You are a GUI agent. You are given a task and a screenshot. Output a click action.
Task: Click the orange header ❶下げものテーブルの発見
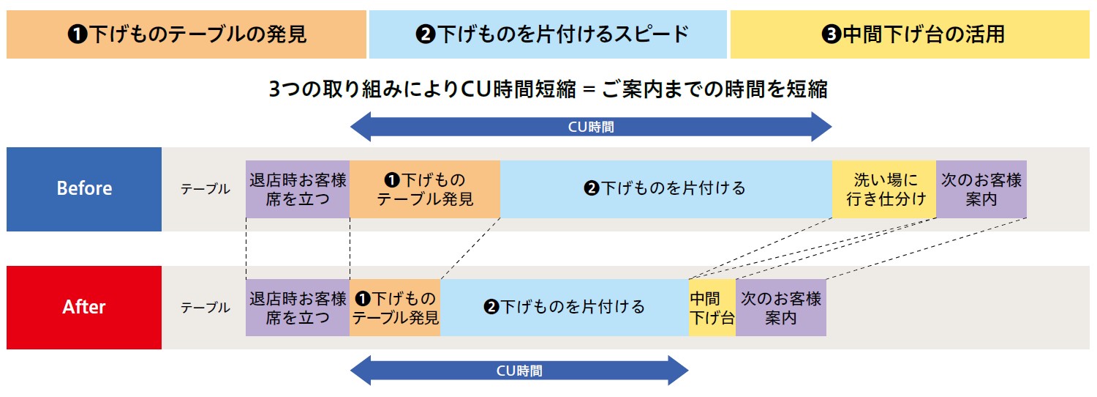186,34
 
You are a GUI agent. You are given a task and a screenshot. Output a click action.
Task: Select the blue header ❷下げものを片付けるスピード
548,34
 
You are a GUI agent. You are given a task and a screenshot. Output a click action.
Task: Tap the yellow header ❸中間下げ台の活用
910,34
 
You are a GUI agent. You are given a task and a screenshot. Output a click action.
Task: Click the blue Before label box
84,189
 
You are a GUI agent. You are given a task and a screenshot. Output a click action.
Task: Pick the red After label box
84,307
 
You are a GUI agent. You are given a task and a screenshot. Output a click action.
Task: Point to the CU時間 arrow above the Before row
591,127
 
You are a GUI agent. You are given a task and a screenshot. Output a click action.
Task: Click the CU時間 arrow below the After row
519,371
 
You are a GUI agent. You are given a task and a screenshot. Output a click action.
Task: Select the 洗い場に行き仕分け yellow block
884,189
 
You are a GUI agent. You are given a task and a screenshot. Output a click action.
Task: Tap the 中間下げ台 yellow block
712,308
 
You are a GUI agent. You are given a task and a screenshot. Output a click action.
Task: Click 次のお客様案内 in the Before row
981,189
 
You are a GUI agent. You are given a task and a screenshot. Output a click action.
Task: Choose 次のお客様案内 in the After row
781,308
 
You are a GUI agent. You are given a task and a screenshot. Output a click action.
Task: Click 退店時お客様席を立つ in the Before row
298,189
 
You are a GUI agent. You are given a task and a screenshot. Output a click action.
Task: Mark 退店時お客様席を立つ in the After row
298,308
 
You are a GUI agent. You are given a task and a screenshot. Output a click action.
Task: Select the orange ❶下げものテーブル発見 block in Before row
425,189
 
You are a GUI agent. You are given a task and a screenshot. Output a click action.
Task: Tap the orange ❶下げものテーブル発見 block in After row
395,308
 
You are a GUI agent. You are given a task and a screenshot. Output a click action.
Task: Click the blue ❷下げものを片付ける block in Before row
666,189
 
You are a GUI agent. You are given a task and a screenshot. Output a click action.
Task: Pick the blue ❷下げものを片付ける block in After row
564,308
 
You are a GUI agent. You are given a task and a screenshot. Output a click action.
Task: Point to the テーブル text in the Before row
206,189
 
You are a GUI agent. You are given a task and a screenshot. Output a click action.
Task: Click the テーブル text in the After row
206,308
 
